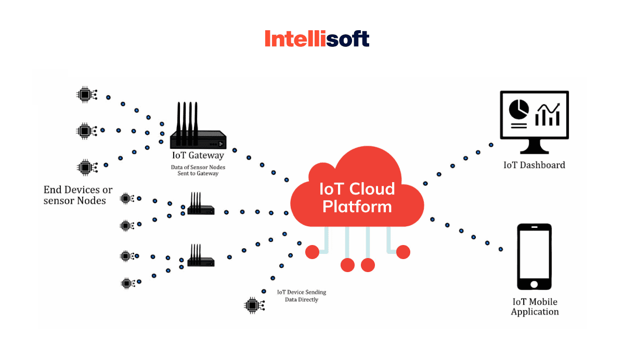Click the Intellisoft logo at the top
pos(317,39)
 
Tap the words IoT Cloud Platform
pos(357,198)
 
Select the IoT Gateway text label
pos(198,155)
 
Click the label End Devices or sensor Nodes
pos(77,195)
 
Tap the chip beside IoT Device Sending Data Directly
pos(252,304)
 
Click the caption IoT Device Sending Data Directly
pos(301,296)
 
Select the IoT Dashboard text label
pos(534,165)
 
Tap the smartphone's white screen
pos(534,255)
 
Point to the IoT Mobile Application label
pos(535,307)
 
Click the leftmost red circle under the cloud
pos(312,252)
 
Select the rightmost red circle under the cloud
pos(403,252)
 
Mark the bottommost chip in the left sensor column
pos(126,283)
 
